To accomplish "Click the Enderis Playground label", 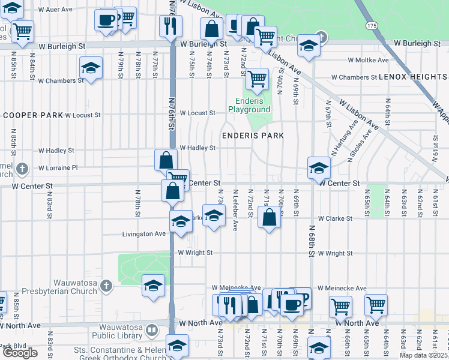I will pyautogui.click(x=249, y=106).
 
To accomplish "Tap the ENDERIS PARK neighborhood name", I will pyautogui.click(x=253, y=136).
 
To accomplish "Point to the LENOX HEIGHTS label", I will pyautogui.click(x=413, y=77).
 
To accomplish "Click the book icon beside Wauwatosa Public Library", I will pyautogui.click(x=152, y=329).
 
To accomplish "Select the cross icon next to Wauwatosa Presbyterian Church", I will pyautogui.click(x=106, y=285).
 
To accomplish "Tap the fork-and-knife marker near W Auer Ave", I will pyautogui.click(x=170, y=25).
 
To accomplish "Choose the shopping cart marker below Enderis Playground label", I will pyautogui.click(x=257, y=78).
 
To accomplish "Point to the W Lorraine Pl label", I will pyautogui.click(x=58, y=167).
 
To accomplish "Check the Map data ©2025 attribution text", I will pyautogui.click(x=423, y=355).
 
